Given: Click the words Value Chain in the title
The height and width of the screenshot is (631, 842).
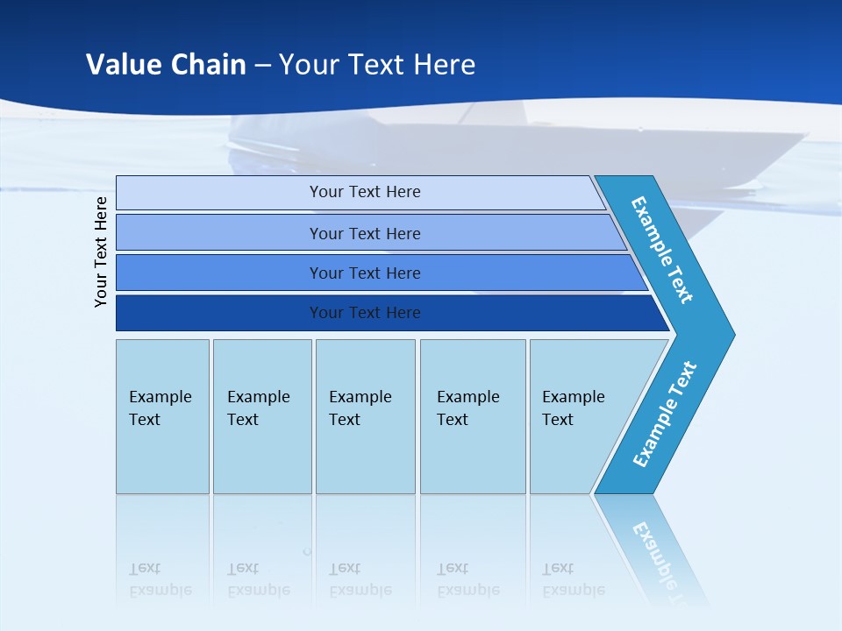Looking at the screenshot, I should (166, 65).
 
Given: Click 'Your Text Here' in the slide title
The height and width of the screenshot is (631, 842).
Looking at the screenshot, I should (377, 65).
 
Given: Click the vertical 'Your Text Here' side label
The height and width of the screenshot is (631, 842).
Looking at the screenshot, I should (101, 252).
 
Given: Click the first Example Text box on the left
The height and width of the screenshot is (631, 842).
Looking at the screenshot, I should (162, 416).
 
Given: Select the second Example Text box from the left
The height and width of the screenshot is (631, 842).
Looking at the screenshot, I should (261, 416).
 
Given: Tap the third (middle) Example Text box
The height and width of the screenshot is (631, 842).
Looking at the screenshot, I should (365, 416).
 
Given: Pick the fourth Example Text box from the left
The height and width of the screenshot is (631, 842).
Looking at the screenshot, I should (472, 416).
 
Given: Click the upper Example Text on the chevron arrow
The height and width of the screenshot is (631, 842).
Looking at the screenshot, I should (662, 250).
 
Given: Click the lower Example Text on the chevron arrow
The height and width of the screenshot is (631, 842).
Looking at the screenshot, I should (665, 415).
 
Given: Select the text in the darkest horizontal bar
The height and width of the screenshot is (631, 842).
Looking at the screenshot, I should (365, 313).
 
